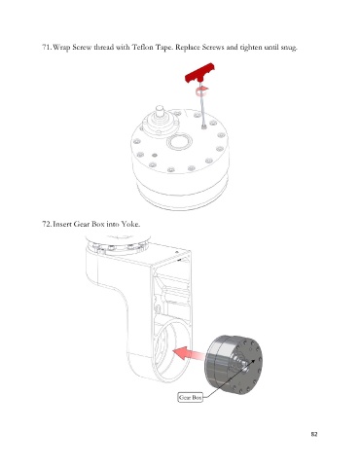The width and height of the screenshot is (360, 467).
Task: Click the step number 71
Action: pos(46,48)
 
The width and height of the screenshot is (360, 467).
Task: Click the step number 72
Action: pos(46,224)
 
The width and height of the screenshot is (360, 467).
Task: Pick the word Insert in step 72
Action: pos(62,224)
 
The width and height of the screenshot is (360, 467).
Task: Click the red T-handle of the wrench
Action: pos(200,73)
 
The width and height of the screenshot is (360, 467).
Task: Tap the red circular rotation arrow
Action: pos(202,91)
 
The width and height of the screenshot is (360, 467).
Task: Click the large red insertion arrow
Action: pos(188,353)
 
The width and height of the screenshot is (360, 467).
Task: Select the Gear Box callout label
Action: pos(191,397)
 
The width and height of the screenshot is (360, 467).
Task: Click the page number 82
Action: pos(314,434)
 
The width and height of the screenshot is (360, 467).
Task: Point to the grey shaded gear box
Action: pos(234,365)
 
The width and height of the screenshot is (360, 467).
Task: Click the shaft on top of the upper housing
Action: pos(160,112)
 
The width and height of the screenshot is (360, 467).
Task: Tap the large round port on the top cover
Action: pos(179,143)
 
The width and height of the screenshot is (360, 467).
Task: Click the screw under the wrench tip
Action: pos(203,126)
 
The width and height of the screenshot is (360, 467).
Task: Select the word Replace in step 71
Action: pos(188,48)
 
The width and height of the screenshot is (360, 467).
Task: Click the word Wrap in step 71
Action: pos(61,48)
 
